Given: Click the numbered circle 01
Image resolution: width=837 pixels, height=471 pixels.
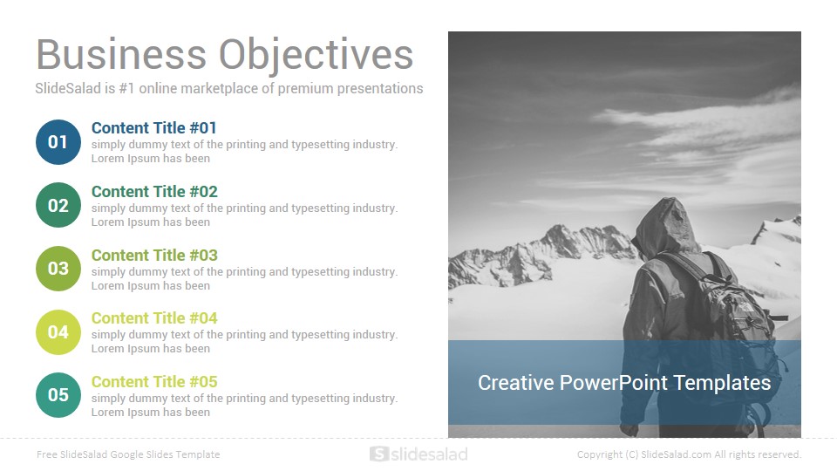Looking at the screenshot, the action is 58,142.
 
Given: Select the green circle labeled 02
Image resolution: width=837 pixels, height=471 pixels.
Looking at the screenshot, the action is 58,205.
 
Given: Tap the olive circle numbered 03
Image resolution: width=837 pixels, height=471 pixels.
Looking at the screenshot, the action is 58,269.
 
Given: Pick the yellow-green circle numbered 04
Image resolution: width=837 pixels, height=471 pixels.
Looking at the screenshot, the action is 58,332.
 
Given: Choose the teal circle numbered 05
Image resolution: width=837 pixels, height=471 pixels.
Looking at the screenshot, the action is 58,395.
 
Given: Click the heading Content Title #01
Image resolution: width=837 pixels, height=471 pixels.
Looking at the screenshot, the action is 153,128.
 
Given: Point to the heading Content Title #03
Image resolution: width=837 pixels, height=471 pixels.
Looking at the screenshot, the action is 154,256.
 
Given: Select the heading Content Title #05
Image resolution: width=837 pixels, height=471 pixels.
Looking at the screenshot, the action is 154,382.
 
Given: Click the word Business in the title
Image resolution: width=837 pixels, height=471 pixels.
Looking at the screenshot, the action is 121,54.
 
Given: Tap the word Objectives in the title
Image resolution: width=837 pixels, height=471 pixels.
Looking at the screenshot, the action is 316,56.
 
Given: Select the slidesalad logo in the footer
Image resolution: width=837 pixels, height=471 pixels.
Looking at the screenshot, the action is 418,454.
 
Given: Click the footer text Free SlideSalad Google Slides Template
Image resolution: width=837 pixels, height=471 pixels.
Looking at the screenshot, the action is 128,454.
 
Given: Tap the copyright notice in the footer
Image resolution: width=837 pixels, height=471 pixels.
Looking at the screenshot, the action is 689,454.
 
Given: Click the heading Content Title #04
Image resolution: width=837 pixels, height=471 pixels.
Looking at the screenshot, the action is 154,318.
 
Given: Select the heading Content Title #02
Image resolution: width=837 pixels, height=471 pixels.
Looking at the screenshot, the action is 154,192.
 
